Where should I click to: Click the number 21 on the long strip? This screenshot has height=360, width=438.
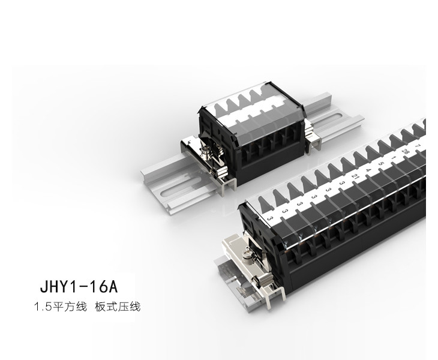tap(355, 176)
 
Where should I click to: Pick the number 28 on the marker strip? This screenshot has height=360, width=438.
tap(406, 151)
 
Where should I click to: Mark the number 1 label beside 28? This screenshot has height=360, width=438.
tap(394, 157)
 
